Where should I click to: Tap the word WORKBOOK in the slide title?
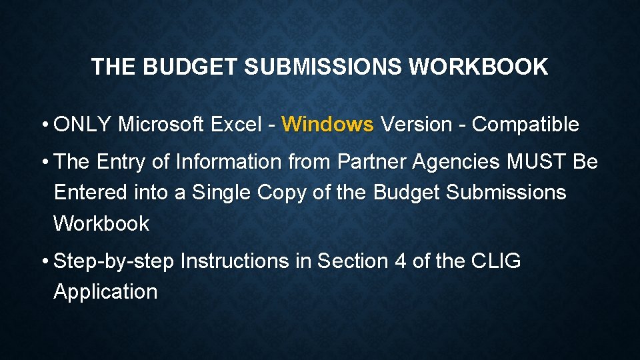[478, 67]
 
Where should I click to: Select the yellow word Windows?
[327, 124]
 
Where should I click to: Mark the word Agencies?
[457, 162]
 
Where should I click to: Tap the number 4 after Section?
[400, 261]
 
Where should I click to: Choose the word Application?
[105, 292]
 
